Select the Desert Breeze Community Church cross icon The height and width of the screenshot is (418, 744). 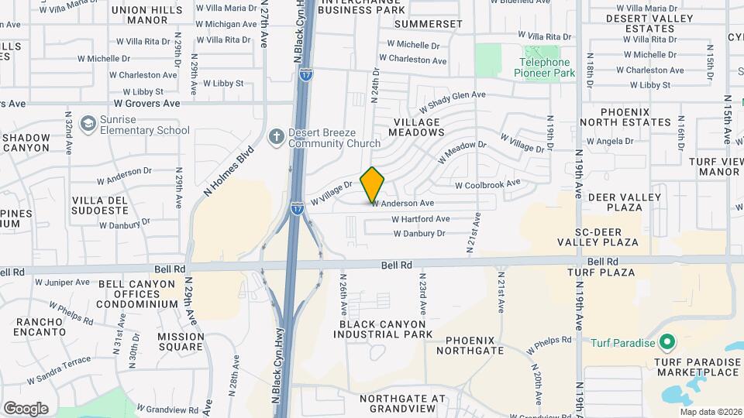275,137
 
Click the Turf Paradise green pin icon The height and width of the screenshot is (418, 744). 666,342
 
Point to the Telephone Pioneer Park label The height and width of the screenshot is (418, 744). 545,67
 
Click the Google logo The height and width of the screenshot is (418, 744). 26,409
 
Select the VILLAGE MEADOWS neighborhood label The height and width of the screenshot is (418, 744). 417,127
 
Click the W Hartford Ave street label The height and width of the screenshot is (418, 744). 421,219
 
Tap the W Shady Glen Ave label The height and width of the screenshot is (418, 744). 453,101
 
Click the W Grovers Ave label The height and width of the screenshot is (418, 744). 146,103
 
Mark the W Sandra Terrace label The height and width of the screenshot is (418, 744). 60,372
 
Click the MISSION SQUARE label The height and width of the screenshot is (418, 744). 181,342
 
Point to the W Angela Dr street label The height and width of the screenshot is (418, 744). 611,141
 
